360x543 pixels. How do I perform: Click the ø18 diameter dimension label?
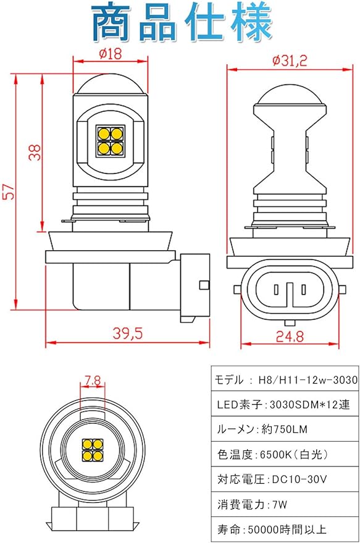point(111,54)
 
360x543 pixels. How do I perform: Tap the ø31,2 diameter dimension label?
point(290,61)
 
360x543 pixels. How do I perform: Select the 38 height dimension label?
point(35,152)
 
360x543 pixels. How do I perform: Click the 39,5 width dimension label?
point(128,333)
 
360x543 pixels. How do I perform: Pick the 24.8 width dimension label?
point(290,336)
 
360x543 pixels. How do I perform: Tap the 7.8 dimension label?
point(93,381)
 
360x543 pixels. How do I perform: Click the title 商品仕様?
point(182,22)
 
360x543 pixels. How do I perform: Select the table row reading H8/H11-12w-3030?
point(285,379)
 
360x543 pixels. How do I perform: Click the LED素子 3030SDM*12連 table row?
point(285,404)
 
